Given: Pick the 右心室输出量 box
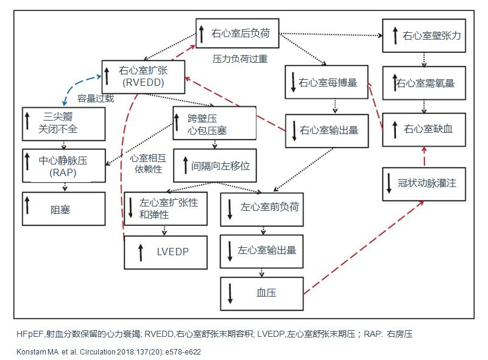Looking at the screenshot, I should [x=327, y=130].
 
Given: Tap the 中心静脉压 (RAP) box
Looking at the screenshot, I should [x=63, y=164].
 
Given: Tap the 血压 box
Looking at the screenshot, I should [x=262, y=292].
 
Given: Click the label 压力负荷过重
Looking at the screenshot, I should [x=239, y=59].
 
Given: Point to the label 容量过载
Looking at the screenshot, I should [x=95, y=97].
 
